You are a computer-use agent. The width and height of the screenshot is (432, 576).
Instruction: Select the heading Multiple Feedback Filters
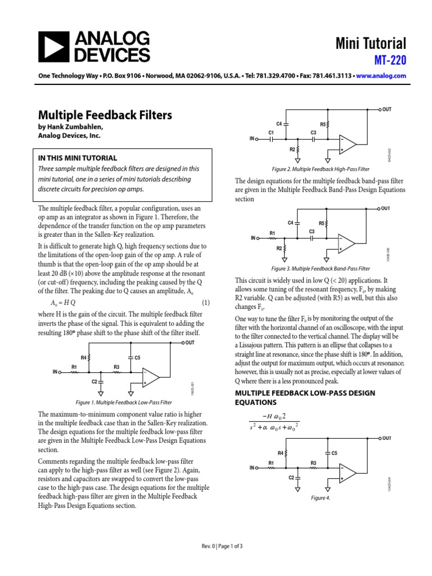(x=105, y=115)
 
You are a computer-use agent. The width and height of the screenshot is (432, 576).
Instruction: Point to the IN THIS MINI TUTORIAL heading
(x=77, y=158)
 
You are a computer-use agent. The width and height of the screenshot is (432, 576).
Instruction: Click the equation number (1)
(x=206, y=303)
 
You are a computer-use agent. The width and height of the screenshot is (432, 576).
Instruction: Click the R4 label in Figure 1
(x=84, y=357)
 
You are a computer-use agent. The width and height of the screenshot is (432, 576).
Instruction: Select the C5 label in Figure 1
(x=137, y=357)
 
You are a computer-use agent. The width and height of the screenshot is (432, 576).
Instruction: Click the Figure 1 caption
(x=124, y=403)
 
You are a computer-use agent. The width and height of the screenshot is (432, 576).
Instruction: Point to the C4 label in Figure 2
(x=278, y=123)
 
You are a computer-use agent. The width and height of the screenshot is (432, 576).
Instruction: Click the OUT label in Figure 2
(x=386, y=109)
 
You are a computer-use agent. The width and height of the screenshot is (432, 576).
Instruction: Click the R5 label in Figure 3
(x=322, y=223)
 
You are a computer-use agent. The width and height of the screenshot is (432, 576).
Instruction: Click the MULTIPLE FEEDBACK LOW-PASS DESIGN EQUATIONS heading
(x=304, y=397)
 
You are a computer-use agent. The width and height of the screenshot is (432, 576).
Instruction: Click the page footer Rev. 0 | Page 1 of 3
(x=222, y=546)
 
